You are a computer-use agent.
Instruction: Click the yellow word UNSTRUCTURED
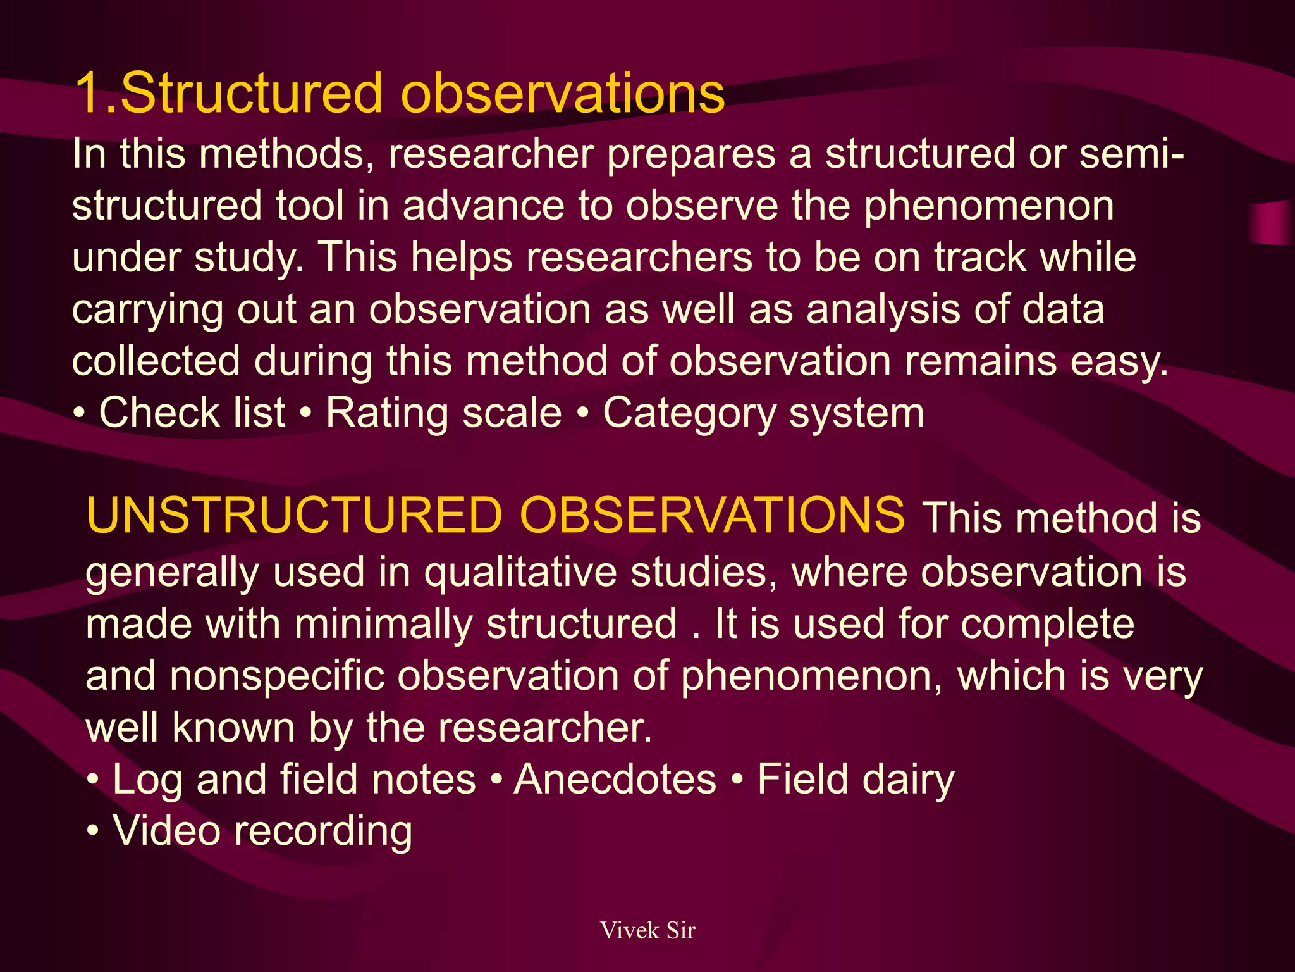click(x=294, y=515)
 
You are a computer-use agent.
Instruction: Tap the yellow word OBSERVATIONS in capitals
click(x=712, y=515)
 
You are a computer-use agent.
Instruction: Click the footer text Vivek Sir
click(x=647, y=930)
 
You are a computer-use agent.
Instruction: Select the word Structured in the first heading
click(x=251, y=94)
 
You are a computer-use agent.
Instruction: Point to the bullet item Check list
click(x=192, y=413)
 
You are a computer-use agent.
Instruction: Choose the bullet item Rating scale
click(x=443, y=413)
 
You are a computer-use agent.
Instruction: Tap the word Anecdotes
click(x=615, y=779)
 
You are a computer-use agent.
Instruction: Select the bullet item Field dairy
click(x=856, y=779)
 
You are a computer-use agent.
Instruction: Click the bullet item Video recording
click(x=262, y=831)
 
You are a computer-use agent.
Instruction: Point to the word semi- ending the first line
click(x=1131, y=154)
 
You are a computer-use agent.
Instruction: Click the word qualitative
click(x=520, y=572)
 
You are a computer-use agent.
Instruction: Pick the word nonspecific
click(x=276, y=676)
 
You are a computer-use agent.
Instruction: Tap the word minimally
click(x=383, y=624)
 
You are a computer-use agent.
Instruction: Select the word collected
click(x=156, y=361)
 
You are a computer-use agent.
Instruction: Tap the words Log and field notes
click(x=293, y=779)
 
